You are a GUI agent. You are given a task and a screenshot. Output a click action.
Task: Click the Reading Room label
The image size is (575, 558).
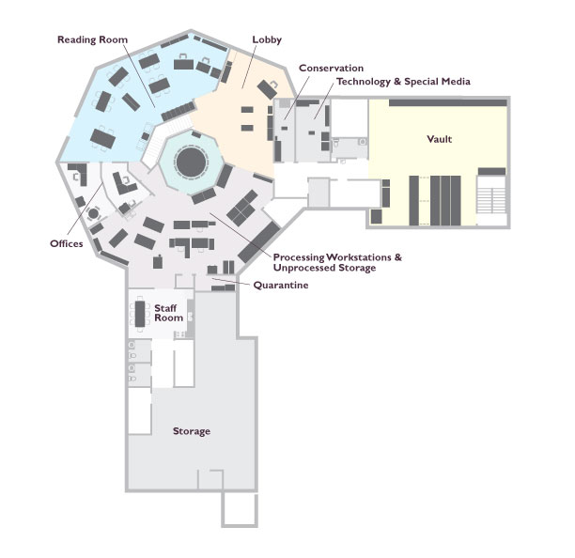tap(92, 39)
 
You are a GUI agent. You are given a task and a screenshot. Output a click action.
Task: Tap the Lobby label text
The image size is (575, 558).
tap(267, 39)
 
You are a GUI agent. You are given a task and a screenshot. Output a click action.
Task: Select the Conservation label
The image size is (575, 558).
tap(331, 68)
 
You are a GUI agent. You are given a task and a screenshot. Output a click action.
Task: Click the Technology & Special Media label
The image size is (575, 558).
tap(403, 82)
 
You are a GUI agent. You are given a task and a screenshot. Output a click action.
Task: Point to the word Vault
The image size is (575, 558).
tap(440, 139)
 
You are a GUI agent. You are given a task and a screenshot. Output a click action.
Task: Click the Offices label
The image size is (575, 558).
tap(67, 243)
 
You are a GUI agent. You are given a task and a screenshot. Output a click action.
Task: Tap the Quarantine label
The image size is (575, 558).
tap(281, 285)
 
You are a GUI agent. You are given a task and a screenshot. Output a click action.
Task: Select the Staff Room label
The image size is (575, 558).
tap(168, 313)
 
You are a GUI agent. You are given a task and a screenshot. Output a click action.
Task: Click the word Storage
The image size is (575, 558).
tap(192, 431)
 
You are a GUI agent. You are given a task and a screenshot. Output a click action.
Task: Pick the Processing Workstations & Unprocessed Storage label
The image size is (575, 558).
tap(337, 262)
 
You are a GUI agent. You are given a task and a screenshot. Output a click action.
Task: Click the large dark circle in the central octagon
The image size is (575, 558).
tap(191, 162)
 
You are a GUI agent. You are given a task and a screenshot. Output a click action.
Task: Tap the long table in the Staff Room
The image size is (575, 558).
tap(140, 314)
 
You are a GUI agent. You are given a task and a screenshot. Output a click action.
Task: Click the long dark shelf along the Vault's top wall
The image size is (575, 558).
tap(448, 102)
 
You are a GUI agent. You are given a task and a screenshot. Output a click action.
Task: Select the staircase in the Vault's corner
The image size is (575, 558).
tap(491, 195)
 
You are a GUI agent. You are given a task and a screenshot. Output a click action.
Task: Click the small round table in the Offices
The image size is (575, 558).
tap(94, 213)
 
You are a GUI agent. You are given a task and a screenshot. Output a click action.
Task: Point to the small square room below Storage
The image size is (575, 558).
tap(240, 509)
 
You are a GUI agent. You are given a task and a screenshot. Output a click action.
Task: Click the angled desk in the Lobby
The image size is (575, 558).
tap(267, 89)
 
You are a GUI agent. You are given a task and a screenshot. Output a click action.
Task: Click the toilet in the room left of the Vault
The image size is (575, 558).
tap(336, 143)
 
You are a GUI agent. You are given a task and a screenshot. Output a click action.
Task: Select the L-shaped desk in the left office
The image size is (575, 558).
tap(80, 172)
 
